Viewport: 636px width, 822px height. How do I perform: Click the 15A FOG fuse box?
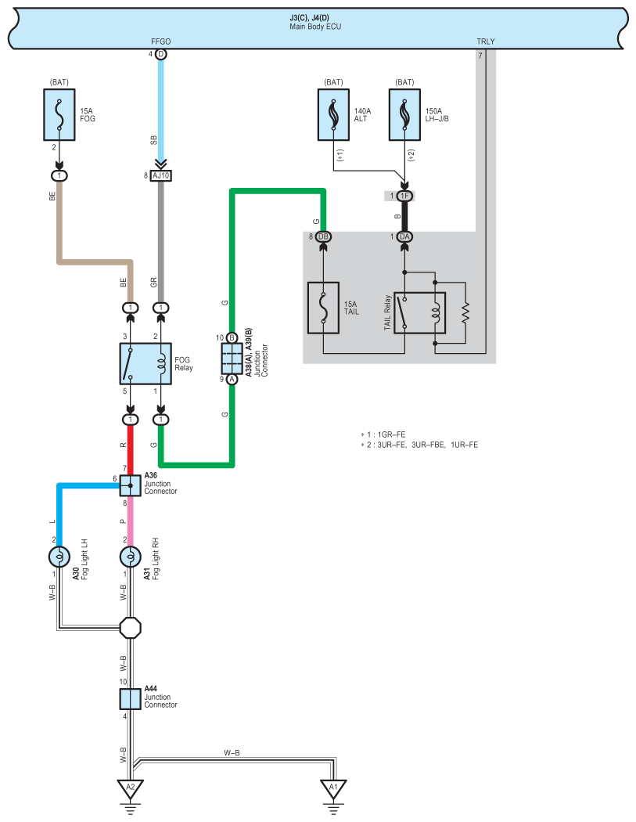[59, 114]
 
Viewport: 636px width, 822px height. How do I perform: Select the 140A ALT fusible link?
[333, 114]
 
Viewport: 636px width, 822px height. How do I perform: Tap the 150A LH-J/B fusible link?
[404, 114]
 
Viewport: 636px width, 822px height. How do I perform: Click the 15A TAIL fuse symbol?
[323, 308]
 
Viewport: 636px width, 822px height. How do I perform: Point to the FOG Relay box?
[146, 364]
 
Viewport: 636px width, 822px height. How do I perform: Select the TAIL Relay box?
[419, 313]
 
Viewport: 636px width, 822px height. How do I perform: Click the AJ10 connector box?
[161, 175]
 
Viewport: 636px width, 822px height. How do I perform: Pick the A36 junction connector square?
[131, 485]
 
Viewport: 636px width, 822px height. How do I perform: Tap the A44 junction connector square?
[131, 699]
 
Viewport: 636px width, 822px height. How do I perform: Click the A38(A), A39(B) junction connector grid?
[232, 359]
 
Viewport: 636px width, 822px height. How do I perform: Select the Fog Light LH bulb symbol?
[59, 557]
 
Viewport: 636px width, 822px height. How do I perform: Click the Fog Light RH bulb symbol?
[131, 557]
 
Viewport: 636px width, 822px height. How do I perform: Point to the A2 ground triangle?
[131, 789]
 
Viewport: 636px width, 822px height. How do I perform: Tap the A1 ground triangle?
[333, 789]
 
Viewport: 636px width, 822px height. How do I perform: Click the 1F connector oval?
[404, 196]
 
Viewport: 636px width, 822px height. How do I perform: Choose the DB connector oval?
[323, 237]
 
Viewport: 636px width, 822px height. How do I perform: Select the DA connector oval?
[404, 237]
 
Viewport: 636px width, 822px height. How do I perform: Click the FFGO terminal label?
[161, 41]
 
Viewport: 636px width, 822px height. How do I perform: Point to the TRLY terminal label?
[486, 41]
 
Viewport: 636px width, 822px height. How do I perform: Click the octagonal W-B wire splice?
[131, 628]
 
